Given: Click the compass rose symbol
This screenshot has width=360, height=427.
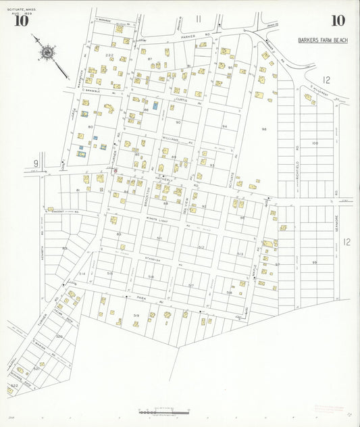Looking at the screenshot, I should pyautogui.click(x=47, y=51).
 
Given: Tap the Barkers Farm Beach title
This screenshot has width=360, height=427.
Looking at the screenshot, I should pyautogui.click(x=323, y=41).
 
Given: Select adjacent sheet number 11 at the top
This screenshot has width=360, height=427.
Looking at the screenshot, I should pyautogui.click(x=199, y=18).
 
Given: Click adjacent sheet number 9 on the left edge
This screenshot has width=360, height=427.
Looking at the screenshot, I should pyautogui.click(x=35, y=163).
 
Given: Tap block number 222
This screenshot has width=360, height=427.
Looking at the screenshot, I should pyautogui.click(x=109, y=55).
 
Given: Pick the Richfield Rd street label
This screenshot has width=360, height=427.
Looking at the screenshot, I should pyautogui.click(x=297, y=155).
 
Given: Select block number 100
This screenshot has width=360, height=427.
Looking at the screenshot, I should pyautogui.click(x=315, y=143).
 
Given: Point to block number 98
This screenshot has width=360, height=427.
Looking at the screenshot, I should pyautogui.click(x=264, y=129).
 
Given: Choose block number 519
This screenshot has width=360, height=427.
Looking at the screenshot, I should pyautogui.click(x=136, y=316).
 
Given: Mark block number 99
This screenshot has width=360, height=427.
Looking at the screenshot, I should pyautogui.click(x=315, y=262).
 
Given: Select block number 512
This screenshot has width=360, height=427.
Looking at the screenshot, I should pyautogui.click(x=201, y=247).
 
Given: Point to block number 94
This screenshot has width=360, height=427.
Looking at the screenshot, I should pyautogui.click(x=224, y=126).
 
